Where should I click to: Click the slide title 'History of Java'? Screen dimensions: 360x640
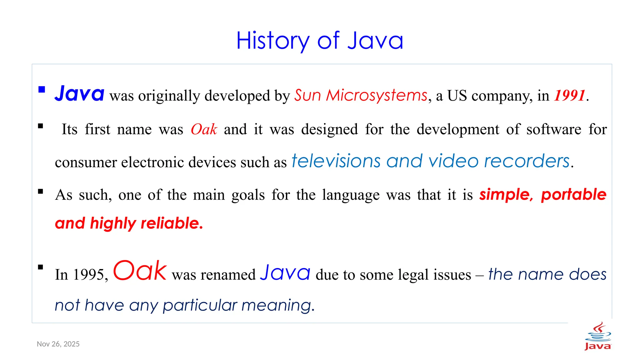(319, 41)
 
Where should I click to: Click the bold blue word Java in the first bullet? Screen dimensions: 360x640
(79, 94)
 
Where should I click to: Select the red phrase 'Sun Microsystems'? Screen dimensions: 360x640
(361, 95)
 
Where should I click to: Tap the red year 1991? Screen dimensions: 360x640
(569, 96)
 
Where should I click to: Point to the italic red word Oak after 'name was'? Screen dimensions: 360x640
(204, 129)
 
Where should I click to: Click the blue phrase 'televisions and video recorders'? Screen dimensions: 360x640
(431, 161)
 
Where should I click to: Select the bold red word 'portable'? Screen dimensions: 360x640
(574, 195)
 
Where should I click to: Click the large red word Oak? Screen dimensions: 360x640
(140, 271)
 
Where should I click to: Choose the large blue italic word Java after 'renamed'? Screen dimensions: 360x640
(285, 272)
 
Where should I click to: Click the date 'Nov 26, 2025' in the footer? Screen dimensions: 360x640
(58, 344)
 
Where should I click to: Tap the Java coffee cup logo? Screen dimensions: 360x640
(598, 336)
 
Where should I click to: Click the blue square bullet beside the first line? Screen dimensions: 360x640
(42, 90)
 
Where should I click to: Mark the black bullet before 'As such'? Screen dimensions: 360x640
(41, 192)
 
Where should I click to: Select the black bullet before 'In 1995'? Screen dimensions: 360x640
(41, 267)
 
